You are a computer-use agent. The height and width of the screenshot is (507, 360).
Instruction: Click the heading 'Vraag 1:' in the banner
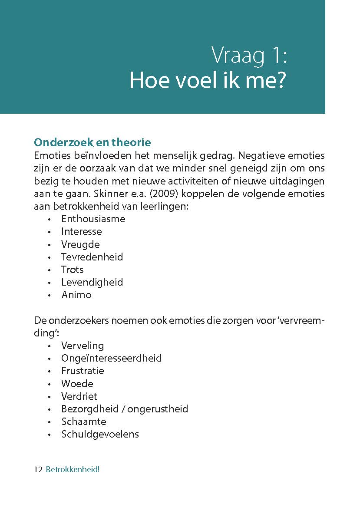click(249, 56)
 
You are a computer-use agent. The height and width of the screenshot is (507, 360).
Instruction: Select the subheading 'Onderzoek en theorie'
click(92, 142)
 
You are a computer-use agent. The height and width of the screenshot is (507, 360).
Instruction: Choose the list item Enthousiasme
click(93, 219)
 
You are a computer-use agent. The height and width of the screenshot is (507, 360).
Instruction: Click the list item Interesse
click(82, 231)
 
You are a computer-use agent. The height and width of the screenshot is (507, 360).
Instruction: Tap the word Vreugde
click(80, 244)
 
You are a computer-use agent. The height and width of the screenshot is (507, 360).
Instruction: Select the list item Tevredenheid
click(92, 257)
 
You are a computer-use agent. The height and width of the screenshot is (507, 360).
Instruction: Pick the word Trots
click(73, 270)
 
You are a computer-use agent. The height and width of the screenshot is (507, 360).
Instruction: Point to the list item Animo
click(76, 295)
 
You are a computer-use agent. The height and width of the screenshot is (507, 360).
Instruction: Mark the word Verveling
click(83, 346)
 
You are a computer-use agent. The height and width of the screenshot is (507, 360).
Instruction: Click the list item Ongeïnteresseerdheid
click(111, 358)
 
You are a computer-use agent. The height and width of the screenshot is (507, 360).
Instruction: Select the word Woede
click(77, 384)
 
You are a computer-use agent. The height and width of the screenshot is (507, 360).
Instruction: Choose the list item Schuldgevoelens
click(100, 434)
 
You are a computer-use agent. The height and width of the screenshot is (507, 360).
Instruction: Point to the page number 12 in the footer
click(38, 470)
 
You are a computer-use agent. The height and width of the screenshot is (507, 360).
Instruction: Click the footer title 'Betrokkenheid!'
click(73, 470)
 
